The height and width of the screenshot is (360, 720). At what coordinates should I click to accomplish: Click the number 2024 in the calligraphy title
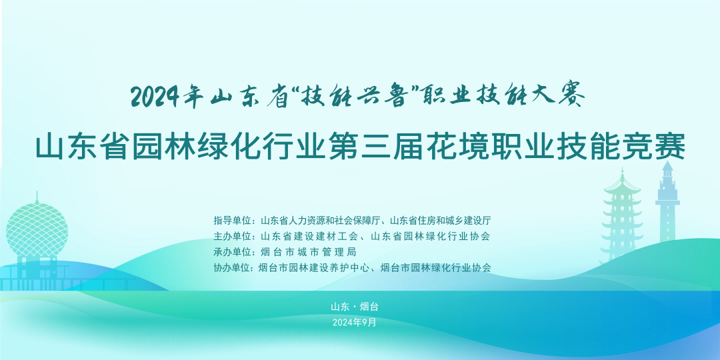point(155,97)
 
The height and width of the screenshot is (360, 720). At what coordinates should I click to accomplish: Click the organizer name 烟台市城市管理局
point(307,252)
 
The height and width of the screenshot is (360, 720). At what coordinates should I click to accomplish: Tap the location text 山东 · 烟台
point(354,307)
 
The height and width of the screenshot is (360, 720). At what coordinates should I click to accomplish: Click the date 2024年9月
point(354,323)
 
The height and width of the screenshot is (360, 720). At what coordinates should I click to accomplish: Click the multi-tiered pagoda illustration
point(622,216)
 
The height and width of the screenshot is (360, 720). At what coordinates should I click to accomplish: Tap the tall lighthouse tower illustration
point(667,202)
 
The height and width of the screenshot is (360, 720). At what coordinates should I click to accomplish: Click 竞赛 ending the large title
point(655,147)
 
